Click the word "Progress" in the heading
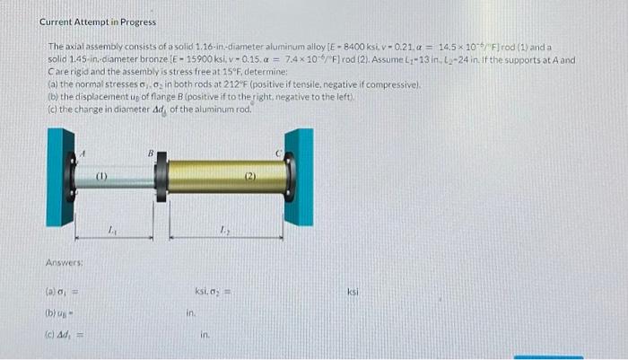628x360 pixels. (x=134, y=22)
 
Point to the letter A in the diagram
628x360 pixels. (x=85, y=154)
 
